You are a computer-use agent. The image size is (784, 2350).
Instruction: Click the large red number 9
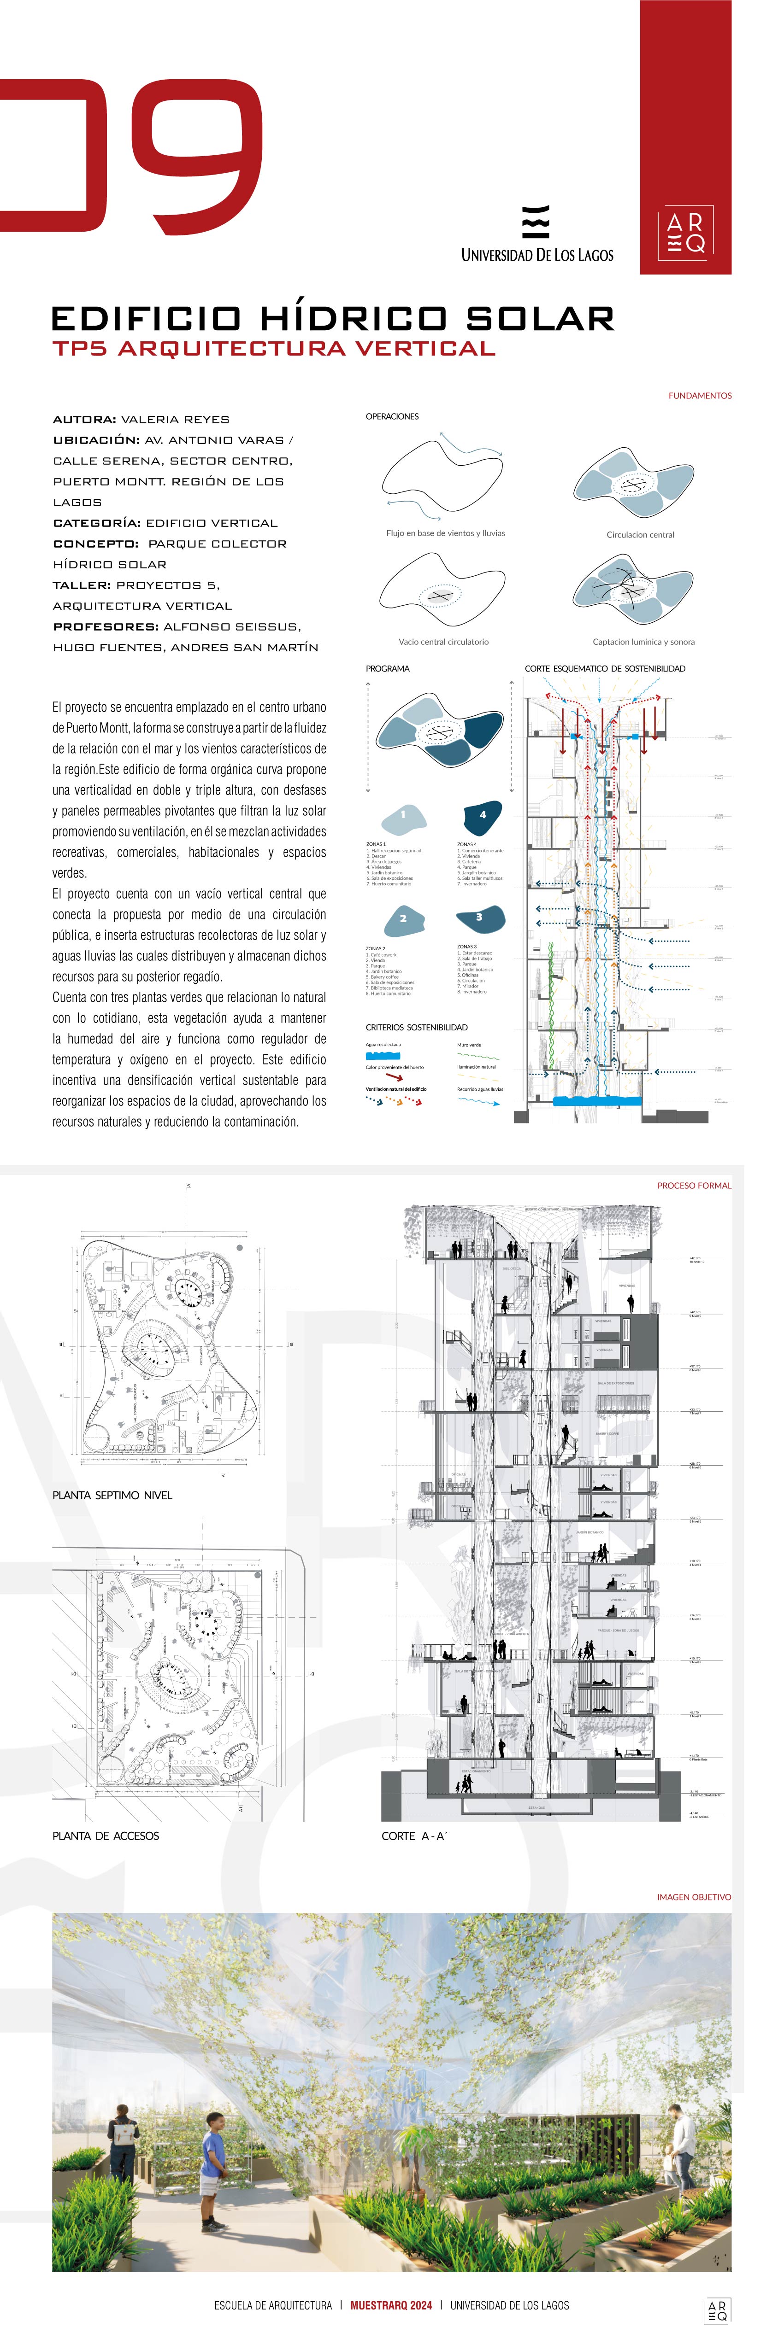point(196,151)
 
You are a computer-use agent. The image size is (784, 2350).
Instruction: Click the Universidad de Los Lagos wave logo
point(536,222)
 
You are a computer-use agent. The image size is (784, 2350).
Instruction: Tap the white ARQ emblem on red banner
point(685,233)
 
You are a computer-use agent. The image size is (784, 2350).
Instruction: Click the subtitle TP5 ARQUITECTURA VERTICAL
point(274,349)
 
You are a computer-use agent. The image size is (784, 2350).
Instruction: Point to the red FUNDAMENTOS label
point(699,396)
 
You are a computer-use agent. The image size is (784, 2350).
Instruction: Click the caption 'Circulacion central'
point(640,535)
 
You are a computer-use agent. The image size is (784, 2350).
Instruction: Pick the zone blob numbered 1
point(402,816)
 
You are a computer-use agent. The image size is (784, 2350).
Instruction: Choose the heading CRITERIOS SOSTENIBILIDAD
point(416,1027)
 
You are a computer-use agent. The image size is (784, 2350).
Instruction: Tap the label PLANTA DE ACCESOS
point(106,1836)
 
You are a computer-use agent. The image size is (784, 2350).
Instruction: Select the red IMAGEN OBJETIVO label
point(694,1897)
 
